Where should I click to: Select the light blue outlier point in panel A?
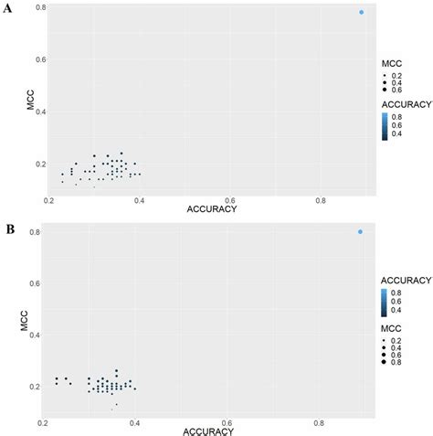point(361,12)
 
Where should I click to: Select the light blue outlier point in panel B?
point(360,231)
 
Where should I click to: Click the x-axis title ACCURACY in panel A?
point(212,209)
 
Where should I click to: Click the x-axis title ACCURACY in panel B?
point(214,430)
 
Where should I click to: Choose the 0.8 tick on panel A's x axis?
point(320,200)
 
